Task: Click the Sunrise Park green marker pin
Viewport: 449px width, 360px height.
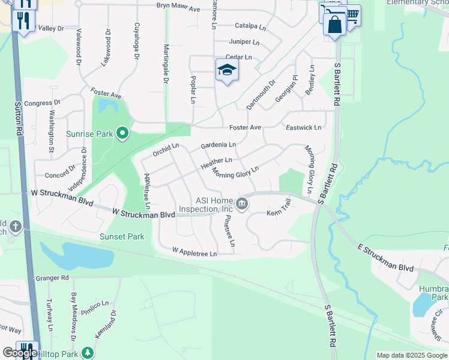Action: [x=122, y=133]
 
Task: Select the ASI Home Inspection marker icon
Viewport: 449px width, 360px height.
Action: [x=241, y=204]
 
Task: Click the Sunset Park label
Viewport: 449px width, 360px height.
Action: [x=122, y=236]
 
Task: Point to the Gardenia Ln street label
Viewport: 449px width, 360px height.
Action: [x=218, y=145]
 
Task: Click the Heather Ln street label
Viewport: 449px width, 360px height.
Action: [x=216, y=161]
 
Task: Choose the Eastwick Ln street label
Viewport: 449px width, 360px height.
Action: [x=303, y=128]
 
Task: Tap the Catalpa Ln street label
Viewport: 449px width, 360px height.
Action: [x=250, y=26]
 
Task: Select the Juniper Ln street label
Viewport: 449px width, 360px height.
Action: [x=244, y=42]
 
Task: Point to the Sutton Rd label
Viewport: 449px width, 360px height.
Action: [x=19, y=118]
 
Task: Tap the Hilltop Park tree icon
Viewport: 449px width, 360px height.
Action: [x=88, y=352]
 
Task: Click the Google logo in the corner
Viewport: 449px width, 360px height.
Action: [x=19, y=353]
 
